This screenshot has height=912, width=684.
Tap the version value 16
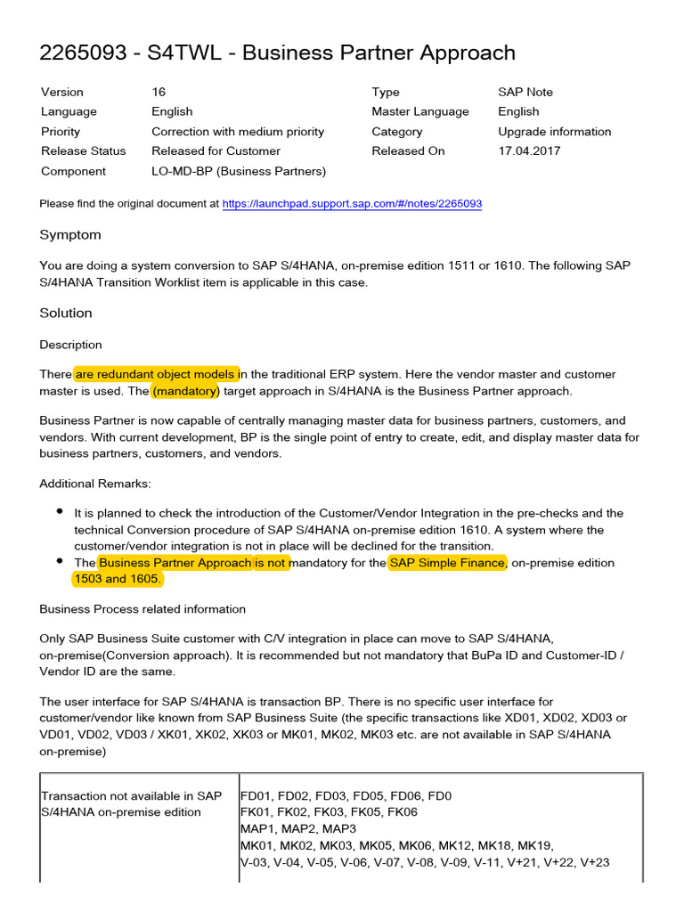click(159, 92)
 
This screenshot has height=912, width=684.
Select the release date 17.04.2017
click(529, 151)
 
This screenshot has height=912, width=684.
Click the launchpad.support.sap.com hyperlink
click(352, 204)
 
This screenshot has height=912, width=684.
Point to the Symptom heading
click(70, 235)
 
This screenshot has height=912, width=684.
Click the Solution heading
click(66, 313)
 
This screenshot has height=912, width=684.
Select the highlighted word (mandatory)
click(185, 391)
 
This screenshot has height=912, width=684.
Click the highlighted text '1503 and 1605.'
click(118, 579)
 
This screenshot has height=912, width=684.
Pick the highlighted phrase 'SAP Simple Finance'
click(448, 563)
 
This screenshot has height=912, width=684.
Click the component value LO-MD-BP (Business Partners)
click(239, 171)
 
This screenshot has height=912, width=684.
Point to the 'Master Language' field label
click(420, 111)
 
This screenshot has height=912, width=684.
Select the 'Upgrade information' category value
click(555, 131)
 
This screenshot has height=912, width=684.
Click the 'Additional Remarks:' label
click(95, 483)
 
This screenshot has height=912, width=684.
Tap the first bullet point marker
click(60, 512)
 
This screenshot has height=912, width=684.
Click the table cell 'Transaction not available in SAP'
click(131, 795)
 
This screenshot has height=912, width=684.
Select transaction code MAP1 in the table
click(256, 828)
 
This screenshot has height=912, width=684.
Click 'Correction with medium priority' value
click(238, 131)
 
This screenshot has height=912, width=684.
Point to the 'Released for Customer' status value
click(216, 151)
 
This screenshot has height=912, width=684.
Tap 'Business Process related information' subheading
click(142, 609)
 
